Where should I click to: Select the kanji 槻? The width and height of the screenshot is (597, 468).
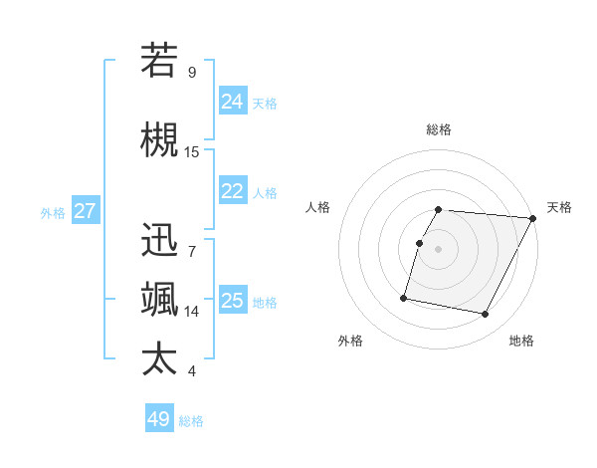(x=159, y=140)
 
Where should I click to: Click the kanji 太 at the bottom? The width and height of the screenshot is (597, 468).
(x=159, y=358)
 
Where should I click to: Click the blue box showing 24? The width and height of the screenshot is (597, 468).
(x=233, y=102)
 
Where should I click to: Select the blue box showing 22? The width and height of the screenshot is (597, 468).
(x=233, y=191)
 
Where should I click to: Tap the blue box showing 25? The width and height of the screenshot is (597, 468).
(x=233, y=301)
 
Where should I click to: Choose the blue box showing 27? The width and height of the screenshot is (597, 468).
(x=86, y=211)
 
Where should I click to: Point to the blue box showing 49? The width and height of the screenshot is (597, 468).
(x=159, y=419)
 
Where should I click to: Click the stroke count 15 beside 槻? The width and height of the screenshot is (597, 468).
(x=192, y=152)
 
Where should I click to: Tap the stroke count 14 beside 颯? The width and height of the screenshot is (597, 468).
(x=192, y=312)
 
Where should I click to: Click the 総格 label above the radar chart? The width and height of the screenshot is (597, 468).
(x=439, y=129)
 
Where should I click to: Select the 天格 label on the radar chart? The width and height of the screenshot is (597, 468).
(x=559, y=207)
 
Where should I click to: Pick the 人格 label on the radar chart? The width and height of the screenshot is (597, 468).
(x=318, y=207)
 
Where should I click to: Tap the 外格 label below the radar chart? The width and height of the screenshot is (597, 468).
(x=350, y=342)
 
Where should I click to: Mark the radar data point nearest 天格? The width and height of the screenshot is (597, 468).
(x=533, y=218)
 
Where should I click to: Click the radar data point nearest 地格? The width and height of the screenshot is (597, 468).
(x=485, y=315)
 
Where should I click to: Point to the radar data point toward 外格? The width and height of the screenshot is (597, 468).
(x=404, y=298)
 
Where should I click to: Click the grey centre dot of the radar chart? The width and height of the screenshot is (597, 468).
(x=439, y=249)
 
